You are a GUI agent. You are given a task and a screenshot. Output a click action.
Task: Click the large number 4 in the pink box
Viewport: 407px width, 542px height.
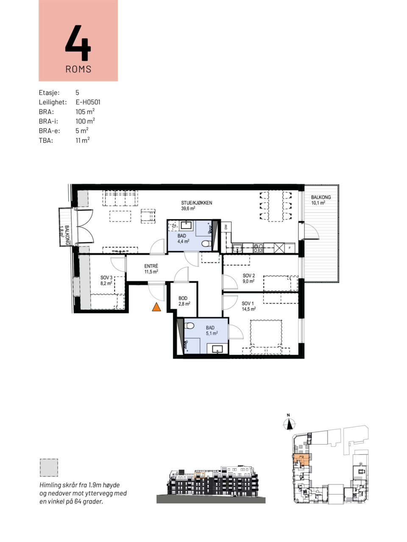[78, 43]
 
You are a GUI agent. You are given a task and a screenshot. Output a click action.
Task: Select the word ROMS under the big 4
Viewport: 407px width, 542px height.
[78, 69]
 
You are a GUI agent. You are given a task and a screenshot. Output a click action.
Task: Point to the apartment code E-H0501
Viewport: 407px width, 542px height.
[88, 102]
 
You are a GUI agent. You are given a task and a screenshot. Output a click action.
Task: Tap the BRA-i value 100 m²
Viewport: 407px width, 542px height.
[85, 121]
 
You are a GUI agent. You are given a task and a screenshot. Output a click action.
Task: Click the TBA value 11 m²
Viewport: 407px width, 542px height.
[83, 140]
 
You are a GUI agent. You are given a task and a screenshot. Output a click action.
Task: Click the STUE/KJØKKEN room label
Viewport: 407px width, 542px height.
[196, 203]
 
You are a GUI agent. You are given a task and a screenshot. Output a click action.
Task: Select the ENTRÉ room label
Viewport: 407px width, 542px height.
[151, 266]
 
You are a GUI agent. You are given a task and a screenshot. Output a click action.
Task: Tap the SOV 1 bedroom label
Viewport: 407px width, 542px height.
[248, 304]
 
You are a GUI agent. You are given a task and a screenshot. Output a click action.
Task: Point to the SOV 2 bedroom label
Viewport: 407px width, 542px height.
[248, 276]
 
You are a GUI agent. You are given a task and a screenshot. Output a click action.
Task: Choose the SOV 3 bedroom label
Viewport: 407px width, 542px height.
[106, 278]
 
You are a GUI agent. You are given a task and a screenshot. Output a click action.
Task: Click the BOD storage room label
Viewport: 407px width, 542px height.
[183, 298]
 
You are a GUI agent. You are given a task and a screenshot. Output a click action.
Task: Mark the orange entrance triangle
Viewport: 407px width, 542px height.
[156, 307]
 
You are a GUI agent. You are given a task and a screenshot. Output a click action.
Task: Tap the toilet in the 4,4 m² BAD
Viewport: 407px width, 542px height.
[206, 244]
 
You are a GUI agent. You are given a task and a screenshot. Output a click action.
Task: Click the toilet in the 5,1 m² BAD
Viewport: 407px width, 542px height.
[189, 326]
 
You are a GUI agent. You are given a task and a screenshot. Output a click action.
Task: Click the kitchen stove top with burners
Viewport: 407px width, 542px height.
[258, 248]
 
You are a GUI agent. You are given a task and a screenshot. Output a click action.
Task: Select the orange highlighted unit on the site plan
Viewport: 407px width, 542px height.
[300, 459]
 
